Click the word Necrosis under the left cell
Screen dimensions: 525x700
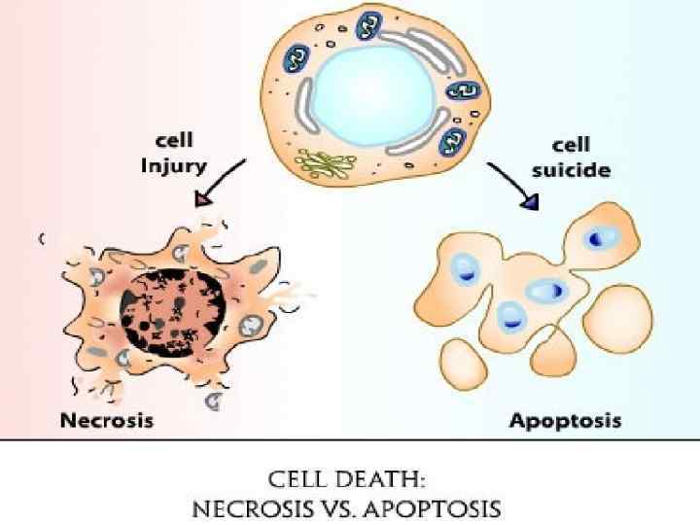click(x=107, y=421)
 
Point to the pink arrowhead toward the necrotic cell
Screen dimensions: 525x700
click(x=203, y=198)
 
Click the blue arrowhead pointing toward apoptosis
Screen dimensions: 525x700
click(x=531, y=202)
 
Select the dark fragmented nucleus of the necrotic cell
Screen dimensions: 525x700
click(x=171, y=307)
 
